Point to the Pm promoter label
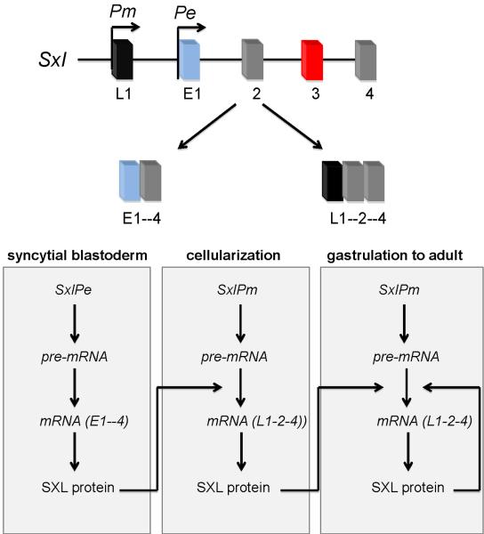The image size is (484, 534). coord(122,13)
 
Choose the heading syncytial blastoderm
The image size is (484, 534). coord(76,257)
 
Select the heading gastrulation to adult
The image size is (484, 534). coord(401,257)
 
